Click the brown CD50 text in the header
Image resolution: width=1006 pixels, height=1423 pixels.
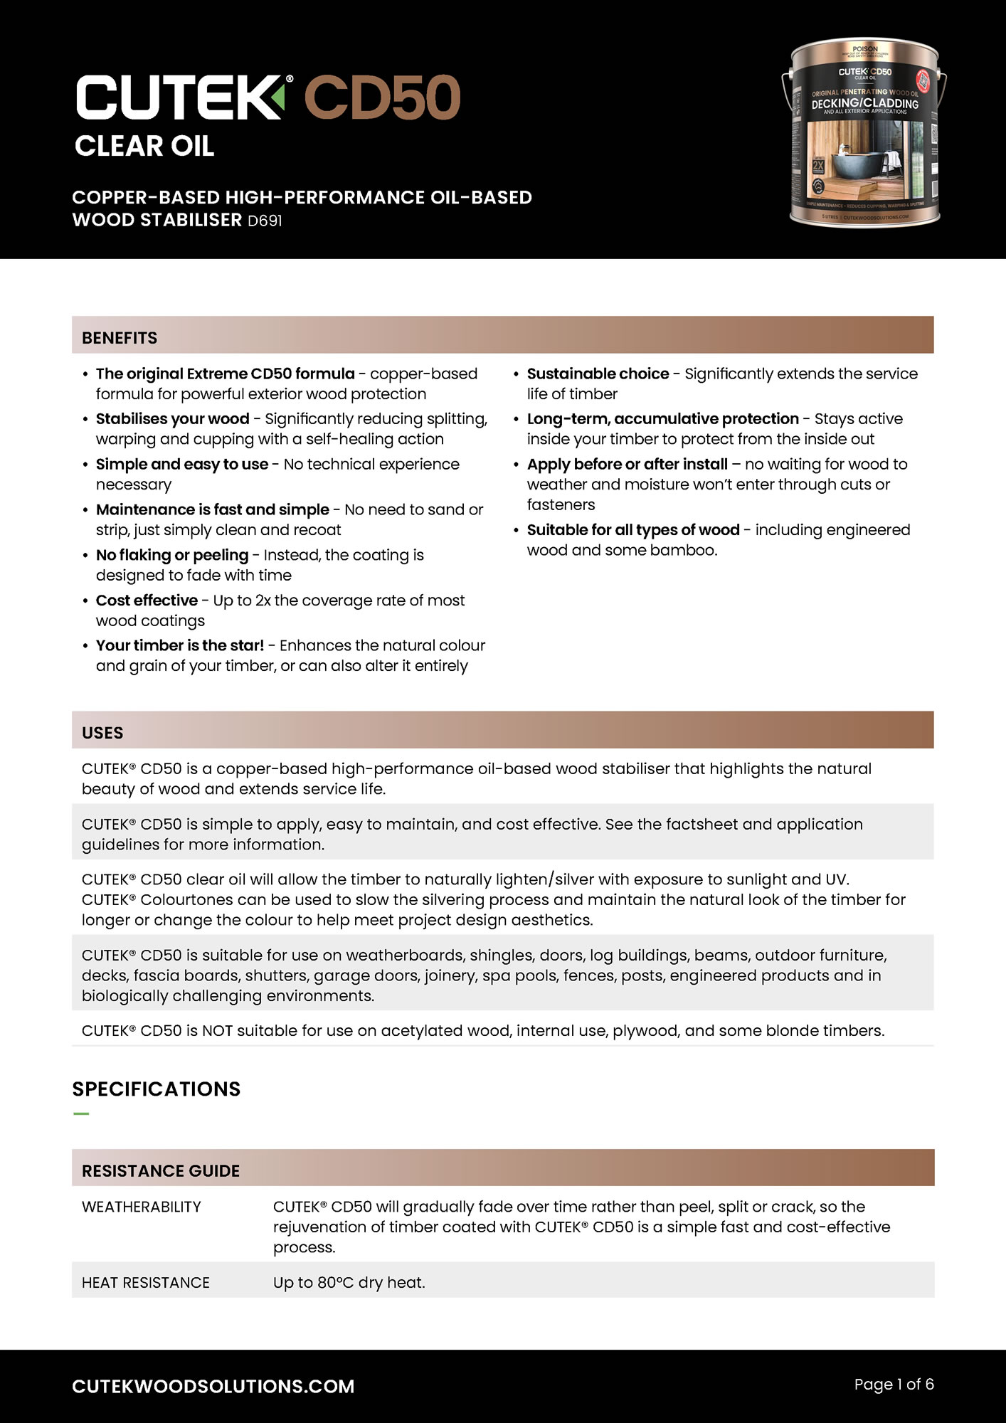pyautogui.click(x=383, y=97)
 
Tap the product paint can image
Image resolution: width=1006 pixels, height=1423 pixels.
pyautogui.click(x=864, y=133)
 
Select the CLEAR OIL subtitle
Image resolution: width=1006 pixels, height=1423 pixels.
pyautogui.click(x=144, y=147)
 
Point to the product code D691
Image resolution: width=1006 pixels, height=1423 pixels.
pyautogui.click(x=265, y=221)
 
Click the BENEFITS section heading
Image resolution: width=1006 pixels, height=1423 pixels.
pyautogui.click(x=120, y=337)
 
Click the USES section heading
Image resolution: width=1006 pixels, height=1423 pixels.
pyautogui.click(x=102, y=732)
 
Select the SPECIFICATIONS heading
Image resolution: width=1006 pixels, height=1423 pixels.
pyautogui.click(x=157, y=1089)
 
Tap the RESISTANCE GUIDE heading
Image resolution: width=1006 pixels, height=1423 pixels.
pyautogui.click(x=161, y=1170)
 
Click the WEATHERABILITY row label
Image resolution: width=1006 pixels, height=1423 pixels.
pyautogui.click(x=142, y=1207)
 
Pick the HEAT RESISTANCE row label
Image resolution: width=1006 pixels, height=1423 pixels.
pyautogui.click(x=146, y=1282)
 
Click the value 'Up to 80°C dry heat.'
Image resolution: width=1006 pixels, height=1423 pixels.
pyautogui.click(x=349, y=1282)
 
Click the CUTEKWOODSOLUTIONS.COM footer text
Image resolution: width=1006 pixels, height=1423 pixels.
pyautogui.click(x=213, y=1386)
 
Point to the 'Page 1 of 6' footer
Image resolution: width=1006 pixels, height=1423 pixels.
pyautogui.click(x=894, y=1384)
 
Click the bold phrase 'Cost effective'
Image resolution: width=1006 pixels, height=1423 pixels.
pyautogui.click(x=147, y=601)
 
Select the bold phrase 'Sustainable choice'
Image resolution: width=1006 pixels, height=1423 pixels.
pyautogui.click(x=598, y=374)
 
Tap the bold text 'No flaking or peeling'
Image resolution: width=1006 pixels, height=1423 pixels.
pyautogui.click(x=172, y=555)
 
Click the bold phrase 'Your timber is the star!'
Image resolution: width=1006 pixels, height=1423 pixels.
pyautogui.click(x=180, y=645)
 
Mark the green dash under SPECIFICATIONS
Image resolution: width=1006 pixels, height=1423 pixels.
pyautogui.click(x=81, y=1113)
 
